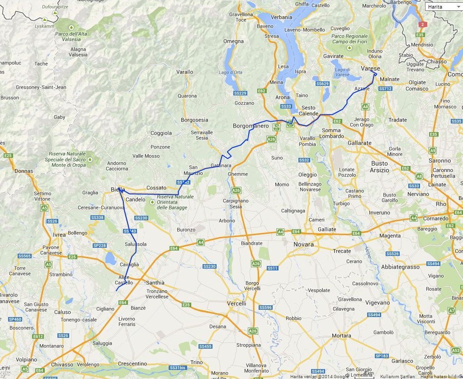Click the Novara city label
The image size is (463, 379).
coord(303,244)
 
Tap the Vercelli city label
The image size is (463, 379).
coord(236,303)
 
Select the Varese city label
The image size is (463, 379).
coord(370,68)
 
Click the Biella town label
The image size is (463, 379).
coord(118,189)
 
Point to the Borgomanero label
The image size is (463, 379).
coord(250,126)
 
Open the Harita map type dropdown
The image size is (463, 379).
coord(444,7)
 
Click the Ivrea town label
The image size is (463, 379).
coord(59,235)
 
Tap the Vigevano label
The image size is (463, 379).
coord(377,303)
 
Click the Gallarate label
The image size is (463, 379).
coord(359,143)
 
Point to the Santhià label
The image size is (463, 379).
coord(155,283)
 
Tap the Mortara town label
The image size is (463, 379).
coord(341,336)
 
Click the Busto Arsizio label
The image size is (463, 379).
coord(379,167)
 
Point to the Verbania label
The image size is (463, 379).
coord(281,17)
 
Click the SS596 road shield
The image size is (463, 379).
coord(265,308)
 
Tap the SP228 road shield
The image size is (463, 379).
coord(99,246)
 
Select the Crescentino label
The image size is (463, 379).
coord(132,364)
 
